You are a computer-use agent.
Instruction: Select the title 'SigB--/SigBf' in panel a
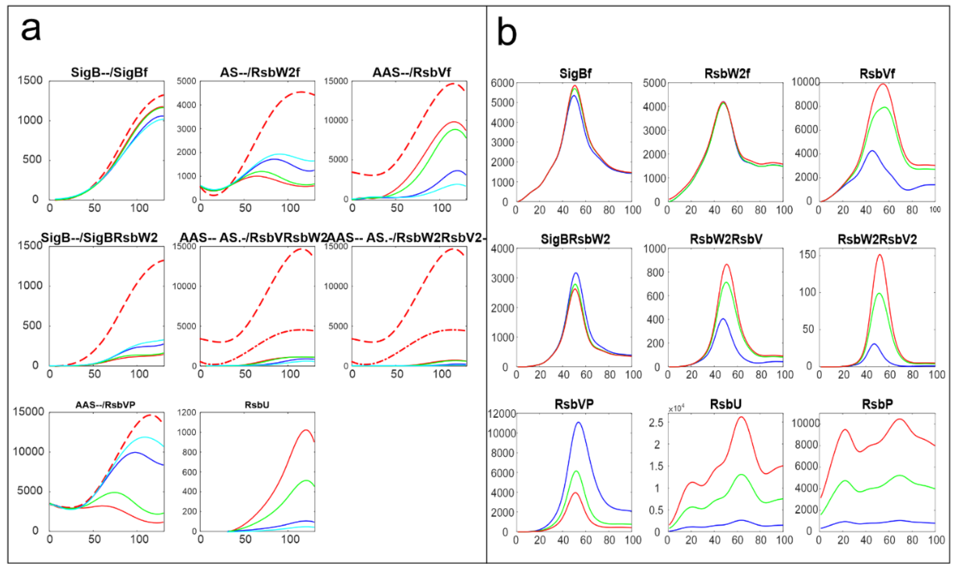click(x=109, y=72)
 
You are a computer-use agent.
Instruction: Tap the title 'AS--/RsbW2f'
click(x=260, y=72)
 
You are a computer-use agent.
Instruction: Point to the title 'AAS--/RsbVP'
click(x=105, y=405)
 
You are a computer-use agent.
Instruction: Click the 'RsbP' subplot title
click(x=877, y=404)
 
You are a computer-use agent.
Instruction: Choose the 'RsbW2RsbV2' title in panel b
click(x=877, y=239)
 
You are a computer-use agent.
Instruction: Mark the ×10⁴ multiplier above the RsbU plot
click(x=676, y=409)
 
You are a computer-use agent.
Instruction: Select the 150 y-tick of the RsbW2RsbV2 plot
click(x=807, y=255)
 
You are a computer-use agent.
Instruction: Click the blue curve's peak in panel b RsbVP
click(x=578, y=422)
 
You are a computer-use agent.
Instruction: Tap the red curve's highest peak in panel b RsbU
click(x=741, y=417)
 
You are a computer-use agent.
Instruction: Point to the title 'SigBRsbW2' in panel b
click(x=575, y=239)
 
